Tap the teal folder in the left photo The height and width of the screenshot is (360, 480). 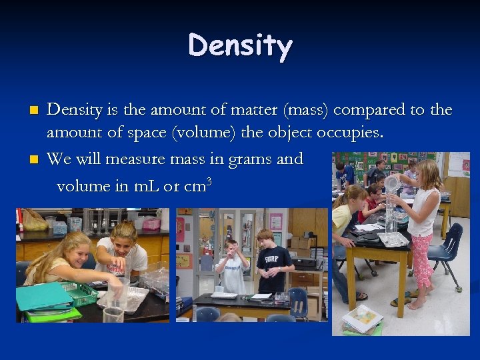pos(43,296)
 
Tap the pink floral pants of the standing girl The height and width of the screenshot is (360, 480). pos(421,263)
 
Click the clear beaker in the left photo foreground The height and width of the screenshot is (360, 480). pos(113,314)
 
